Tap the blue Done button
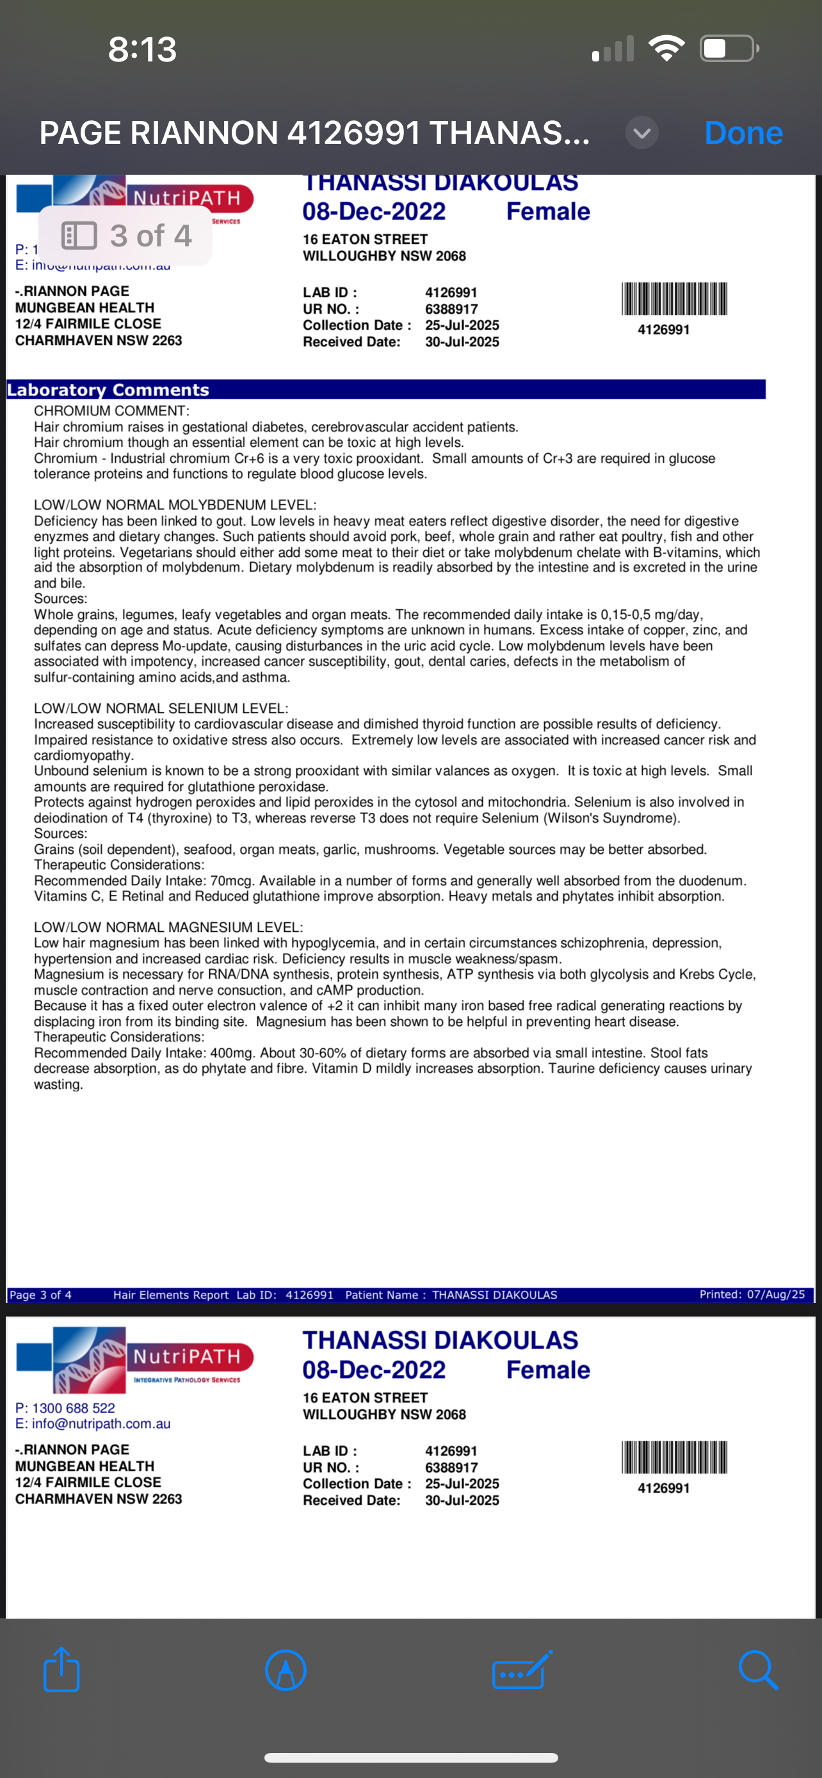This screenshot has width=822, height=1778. click(743, 132)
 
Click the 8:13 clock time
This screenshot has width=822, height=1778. click(142, 50)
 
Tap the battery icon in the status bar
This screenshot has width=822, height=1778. click(729, 49)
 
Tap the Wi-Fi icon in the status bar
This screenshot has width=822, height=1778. click(666, 48)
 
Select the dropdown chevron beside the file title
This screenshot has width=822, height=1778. click(642, 133)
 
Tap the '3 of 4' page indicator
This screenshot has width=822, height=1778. click(126, 236)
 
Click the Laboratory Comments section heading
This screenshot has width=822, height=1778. click(108, 390)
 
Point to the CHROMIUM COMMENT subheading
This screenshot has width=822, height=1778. click(111, 412)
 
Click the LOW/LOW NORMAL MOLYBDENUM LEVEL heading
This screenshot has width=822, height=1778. click(175, 505)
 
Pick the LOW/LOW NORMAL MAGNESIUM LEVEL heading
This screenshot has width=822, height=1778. click(168, 927)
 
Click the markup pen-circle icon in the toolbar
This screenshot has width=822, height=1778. click(286, 1670)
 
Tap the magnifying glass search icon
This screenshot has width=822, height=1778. click(758, 1670)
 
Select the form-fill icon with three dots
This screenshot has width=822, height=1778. click(522, 1670)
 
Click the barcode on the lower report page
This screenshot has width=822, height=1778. click(674, 1457)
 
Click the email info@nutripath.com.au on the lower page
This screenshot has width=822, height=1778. click(101, 1423)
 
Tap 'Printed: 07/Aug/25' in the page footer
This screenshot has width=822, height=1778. click(752, 1294)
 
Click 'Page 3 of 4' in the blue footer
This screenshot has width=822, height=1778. click(40, 1295)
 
